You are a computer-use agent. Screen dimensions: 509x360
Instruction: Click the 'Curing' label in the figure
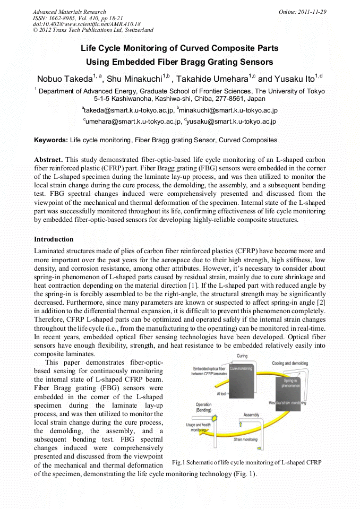[x=242, y=356]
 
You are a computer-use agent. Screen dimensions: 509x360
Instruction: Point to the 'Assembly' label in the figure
[x=251, y=415]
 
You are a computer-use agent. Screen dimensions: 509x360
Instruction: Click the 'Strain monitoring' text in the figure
[x=245, y=439]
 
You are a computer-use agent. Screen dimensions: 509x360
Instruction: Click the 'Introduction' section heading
[x=54, y=239]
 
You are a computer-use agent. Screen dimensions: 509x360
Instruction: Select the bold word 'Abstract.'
[x=49, y=159]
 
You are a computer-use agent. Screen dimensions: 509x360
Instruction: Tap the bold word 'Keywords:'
[x=51, y=140]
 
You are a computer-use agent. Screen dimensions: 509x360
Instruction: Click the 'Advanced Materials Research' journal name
[x=69, y=12]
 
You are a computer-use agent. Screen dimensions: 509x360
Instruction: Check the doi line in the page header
[x=86, y=24]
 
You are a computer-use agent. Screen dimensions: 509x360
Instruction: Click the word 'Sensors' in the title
[x=251, y=62]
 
